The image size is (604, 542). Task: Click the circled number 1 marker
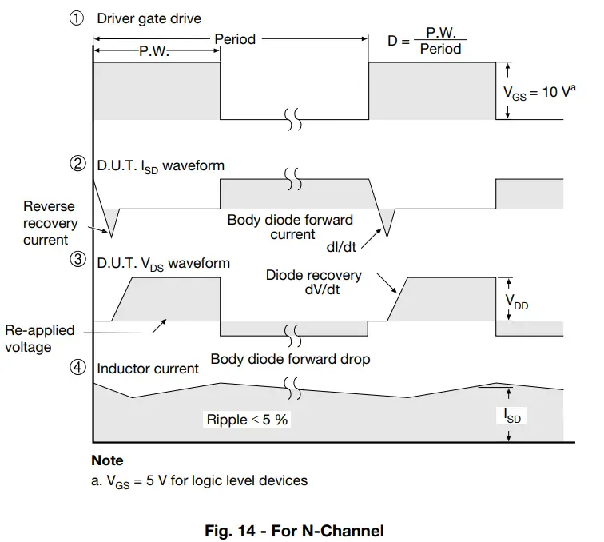coord(77,18)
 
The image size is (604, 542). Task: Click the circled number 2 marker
coord(77,165)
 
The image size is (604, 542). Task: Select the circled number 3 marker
coord(77,262)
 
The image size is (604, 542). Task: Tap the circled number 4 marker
coord(77,368)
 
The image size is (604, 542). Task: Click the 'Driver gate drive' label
coord(149,18)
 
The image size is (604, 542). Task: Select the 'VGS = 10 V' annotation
coord(539,91)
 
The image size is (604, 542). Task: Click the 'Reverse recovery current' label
coord(50,222)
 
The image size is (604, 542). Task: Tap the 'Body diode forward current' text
coord(290,227)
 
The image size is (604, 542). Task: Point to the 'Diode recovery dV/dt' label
coord(313,282)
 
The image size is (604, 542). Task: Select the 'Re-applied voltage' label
coord(40,338)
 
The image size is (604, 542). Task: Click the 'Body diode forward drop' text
coord(290,359)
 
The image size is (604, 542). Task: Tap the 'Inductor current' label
coord(148,369)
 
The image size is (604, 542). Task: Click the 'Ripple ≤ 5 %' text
coord(248,419)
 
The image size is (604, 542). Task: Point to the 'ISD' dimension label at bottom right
coord(515,415)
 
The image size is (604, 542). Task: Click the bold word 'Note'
coord(107,460)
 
